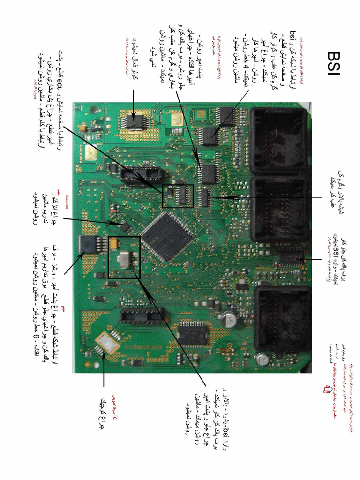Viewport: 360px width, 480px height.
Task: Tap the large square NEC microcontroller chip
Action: pos(167,237)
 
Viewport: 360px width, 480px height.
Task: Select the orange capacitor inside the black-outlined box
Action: pos(114,242)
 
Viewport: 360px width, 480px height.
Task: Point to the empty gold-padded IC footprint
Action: pos(107,343)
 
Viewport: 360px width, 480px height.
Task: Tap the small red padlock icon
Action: pos(327,388)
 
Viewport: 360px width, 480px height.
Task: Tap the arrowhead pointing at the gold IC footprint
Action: pos(104,358)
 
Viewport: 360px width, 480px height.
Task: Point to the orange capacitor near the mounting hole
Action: pos(83,127)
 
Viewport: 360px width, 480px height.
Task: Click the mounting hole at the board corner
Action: pos(94,111)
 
